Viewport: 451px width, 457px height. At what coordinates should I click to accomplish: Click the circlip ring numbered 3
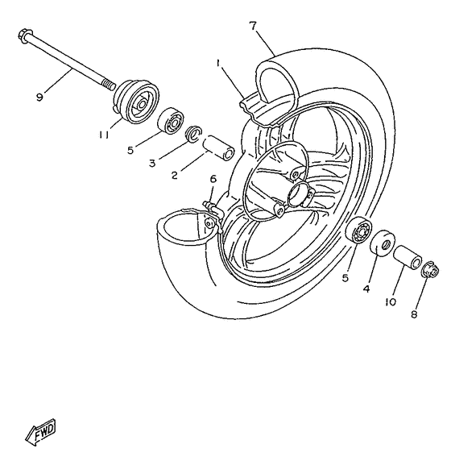pyautogui.click(x=193, y=134)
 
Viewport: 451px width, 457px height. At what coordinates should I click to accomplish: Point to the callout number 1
pyautogui.click(x=217, y=62)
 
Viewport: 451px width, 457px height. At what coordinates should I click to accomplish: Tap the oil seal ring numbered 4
pyautogui.click(x=383, y=244)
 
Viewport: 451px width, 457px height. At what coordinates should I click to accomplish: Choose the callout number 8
pyautogui.click(x=414, y=315)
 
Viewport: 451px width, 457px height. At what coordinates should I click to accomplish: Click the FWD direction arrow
pyautogui.click(x=39, y=436)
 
